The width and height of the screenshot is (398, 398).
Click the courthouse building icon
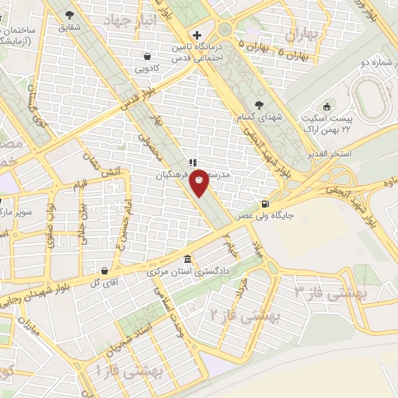[x=186, y=260]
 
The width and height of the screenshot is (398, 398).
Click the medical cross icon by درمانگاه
[x=197, y=36]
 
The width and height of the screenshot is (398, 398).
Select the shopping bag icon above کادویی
[x=148, y=56]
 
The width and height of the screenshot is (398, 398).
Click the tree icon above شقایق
[x=71, y=15]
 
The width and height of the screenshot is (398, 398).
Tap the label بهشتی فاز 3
[x=325, y=293]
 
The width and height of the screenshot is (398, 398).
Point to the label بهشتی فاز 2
[x=241, y=315]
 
